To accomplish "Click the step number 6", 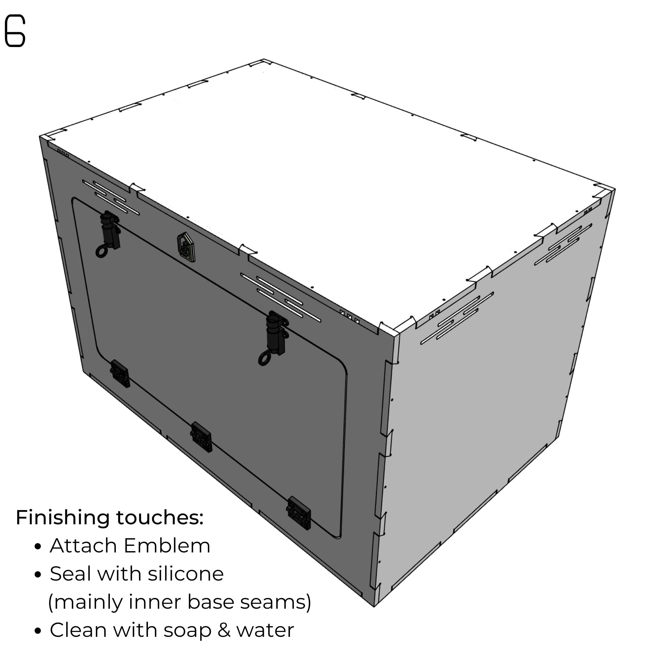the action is [x=15, y=31].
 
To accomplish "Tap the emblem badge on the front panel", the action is [x=186, y=247].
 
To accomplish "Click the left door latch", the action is [x=109, y=233].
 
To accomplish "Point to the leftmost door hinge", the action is [x=119, y=374].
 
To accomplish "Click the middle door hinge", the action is [x=201, y=437].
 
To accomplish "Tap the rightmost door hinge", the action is [x=299, y=513].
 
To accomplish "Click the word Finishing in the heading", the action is [x=63, y=518].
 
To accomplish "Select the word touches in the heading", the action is [x=160, y=517].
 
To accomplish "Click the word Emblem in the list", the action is [x=167, y=546].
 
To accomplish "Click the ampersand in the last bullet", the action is [x=224, y=631].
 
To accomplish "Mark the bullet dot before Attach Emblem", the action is [x=38, y=547].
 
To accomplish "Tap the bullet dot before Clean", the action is [x=38, y=631].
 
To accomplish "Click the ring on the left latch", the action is [x=102, y=252].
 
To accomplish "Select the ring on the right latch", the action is [x=264, y=359].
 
